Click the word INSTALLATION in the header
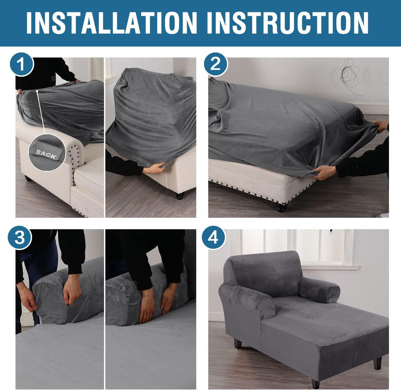point(112,22)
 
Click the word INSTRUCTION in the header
point(288,22)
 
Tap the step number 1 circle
point(22,65)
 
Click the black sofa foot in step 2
point(282,207)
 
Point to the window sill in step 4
point(330,268)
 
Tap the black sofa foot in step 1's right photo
point(180,196)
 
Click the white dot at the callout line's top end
point(37,91)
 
